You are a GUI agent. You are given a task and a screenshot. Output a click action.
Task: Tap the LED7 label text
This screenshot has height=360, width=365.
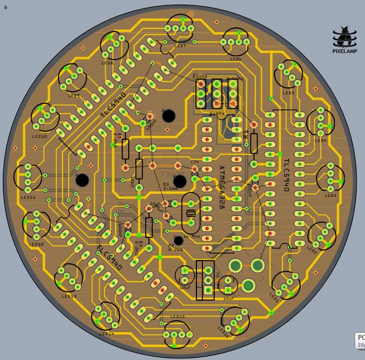(180, 46)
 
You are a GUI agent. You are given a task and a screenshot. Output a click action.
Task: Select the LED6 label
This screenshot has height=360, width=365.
(236, 59)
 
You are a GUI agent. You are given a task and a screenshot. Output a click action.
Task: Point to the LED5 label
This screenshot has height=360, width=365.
(289, 93)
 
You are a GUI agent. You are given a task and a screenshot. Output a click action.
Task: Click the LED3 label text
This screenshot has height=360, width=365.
(331, 195)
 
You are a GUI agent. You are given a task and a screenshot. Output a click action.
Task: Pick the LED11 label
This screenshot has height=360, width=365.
(28, 197)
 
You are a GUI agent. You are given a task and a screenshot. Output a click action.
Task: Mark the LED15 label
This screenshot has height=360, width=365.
(177, 317)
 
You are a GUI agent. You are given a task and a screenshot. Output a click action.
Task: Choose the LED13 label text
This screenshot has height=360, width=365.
(69, 297)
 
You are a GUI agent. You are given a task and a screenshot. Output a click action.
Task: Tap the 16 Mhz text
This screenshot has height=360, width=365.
(190, 236)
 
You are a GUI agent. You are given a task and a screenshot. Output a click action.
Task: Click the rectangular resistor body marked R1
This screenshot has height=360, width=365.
(254, 143)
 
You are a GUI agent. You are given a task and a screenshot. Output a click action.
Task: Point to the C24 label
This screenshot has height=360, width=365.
(195, 161)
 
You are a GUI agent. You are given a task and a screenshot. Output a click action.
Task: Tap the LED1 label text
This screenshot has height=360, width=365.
(274, 298)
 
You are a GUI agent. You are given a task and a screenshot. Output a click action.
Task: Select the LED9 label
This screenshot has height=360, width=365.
(74, 95)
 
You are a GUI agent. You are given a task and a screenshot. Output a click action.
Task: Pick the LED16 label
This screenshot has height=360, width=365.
(224, 328)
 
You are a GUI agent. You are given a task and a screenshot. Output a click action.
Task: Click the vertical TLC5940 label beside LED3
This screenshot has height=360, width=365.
(286, 175)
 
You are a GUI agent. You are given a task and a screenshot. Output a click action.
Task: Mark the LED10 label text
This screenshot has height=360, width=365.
(39, 136)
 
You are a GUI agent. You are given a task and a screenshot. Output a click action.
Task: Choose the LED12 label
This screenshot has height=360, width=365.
(36, 244)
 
